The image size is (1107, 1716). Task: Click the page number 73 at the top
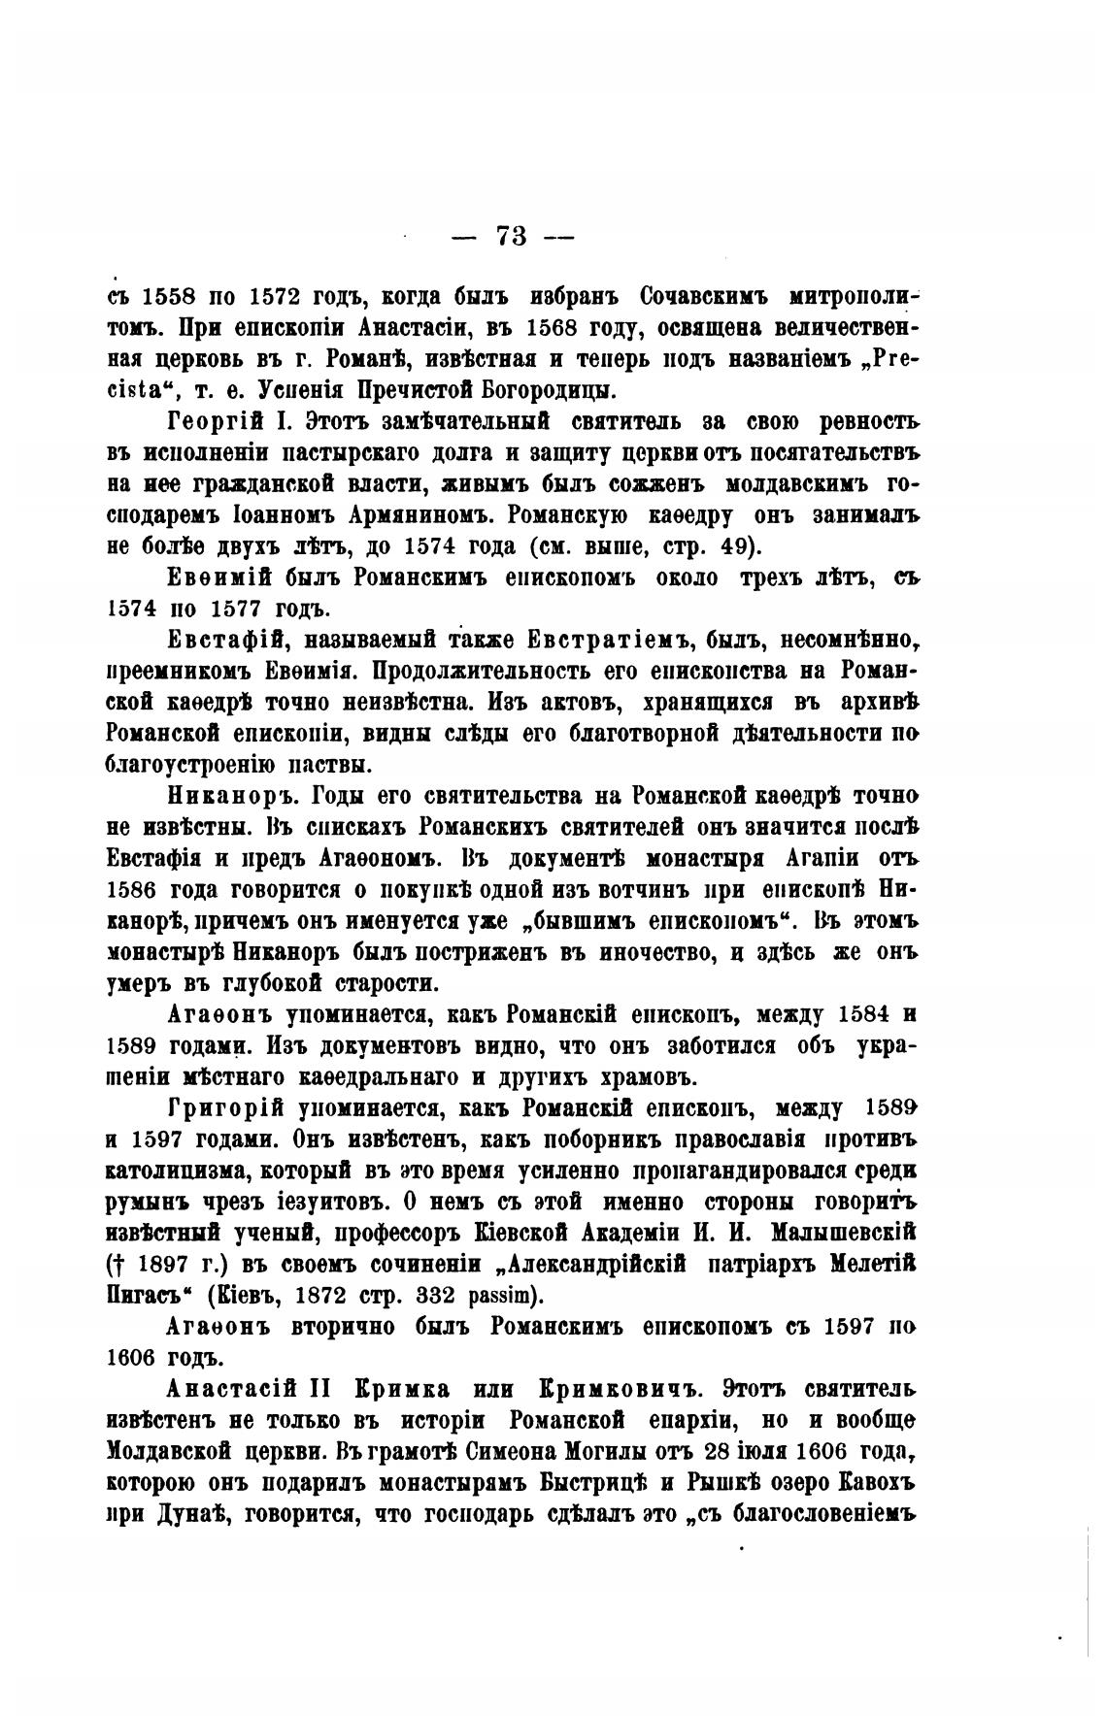(511, 237)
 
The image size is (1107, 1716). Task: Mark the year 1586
(135, 890)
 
